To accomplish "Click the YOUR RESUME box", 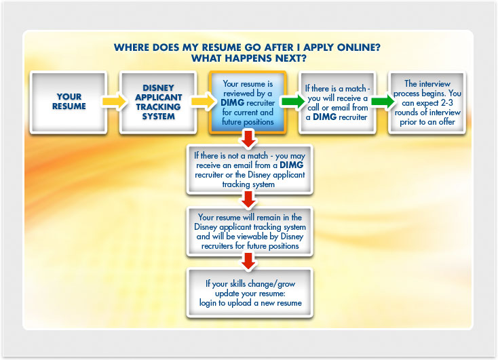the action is [69, 102].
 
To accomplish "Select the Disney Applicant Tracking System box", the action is [158, 102].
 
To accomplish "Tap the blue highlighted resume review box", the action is [248, 102].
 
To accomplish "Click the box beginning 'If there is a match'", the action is [337, 102].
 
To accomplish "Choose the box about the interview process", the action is [427, 102].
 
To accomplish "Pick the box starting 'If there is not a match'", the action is [250, 169].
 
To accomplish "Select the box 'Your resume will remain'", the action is [250, 231].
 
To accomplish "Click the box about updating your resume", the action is [250, 293].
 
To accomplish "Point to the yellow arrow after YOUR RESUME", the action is [114, 101].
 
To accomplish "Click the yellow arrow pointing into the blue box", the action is [204, 101].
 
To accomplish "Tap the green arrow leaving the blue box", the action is [293, 101].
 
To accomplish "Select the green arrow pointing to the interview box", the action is [383, 101].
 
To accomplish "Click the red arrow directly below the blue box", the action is [248, 139].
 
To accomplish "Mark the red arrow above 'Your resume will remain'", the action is [248, 200].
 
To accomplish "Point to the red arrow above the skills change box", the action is [248, 261].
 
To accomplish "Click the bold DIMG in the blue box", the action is [233, 103].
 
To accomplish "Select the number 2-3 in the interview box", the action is [447, 103].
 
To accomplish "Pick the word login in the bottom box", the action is [208, 303].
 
